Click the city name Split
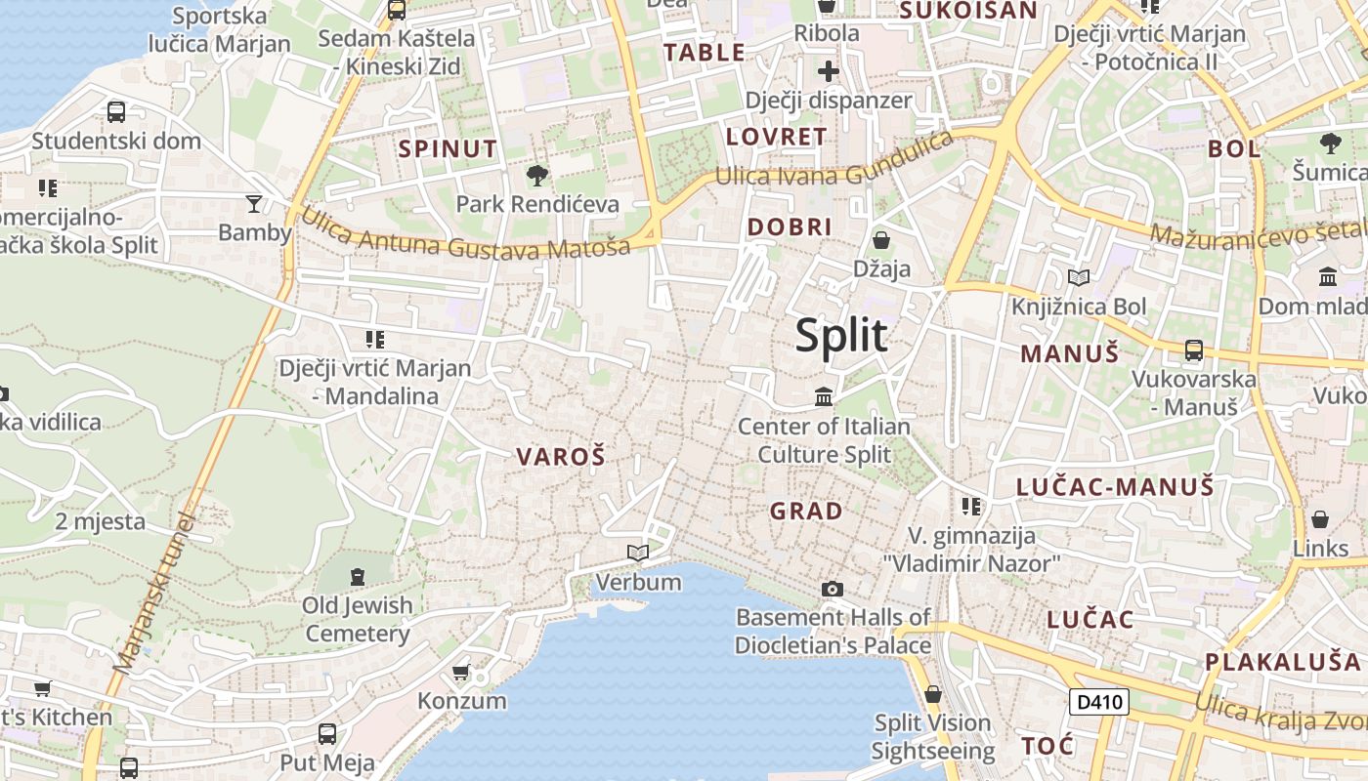point(840,335)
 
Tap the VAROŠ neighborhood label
point(561,456)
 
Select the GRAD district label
point(806,511)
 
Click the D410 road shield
point(1098,702)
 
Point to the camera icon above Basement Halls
point(833,589)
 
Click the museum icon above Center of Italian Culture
point(824,397)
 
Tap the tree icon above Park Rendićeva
point(536,177)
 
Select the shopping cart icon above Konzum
point(461,673)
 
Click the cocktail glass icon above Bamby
point(254,204)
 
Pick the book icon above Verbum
point(638,554)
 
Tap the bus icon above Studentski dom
point(116,112)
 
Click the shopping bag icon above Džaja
point(881,240)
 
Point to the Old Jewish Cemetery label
point(358,619)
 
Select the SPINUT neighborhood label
point(449,149)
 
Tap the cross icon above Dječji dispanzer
point(829,71)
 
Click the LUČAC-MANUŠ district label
point(1115,486)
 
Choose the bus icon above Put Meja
point(327,733)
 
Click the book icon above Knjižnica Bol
point(1079,278)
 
